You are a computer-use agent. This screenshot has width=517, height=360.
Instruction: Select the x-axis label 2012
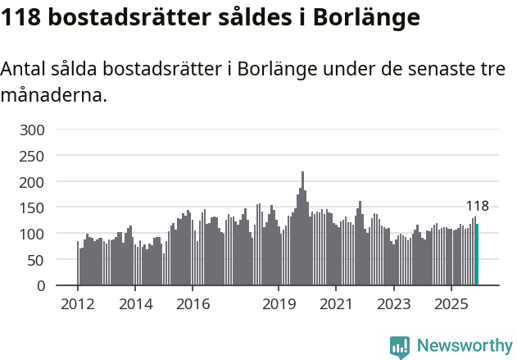78,304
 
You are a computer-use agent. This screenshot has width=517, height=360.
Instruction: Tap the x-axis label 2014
135,304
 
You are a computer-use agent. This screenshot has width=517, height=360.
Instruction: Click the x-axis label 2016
193,304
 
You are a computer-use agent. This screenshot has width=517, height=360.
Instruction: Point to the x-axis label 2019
279,304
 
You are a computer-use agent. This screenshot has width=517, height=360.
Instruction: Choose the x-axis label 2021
336,304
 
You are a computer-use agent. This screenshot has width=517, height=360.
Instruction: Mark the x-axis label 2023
393,304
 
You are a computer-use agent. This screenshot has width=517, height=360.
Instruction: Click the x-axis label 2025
451,304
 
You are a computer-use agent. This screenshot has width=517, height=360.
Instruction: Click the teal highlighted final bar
477,255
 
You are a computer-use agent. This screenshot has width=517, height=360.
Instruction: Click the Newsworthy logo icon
400,347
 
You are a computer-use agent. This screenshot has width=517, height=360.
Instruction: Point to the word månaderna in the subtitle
53,95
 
